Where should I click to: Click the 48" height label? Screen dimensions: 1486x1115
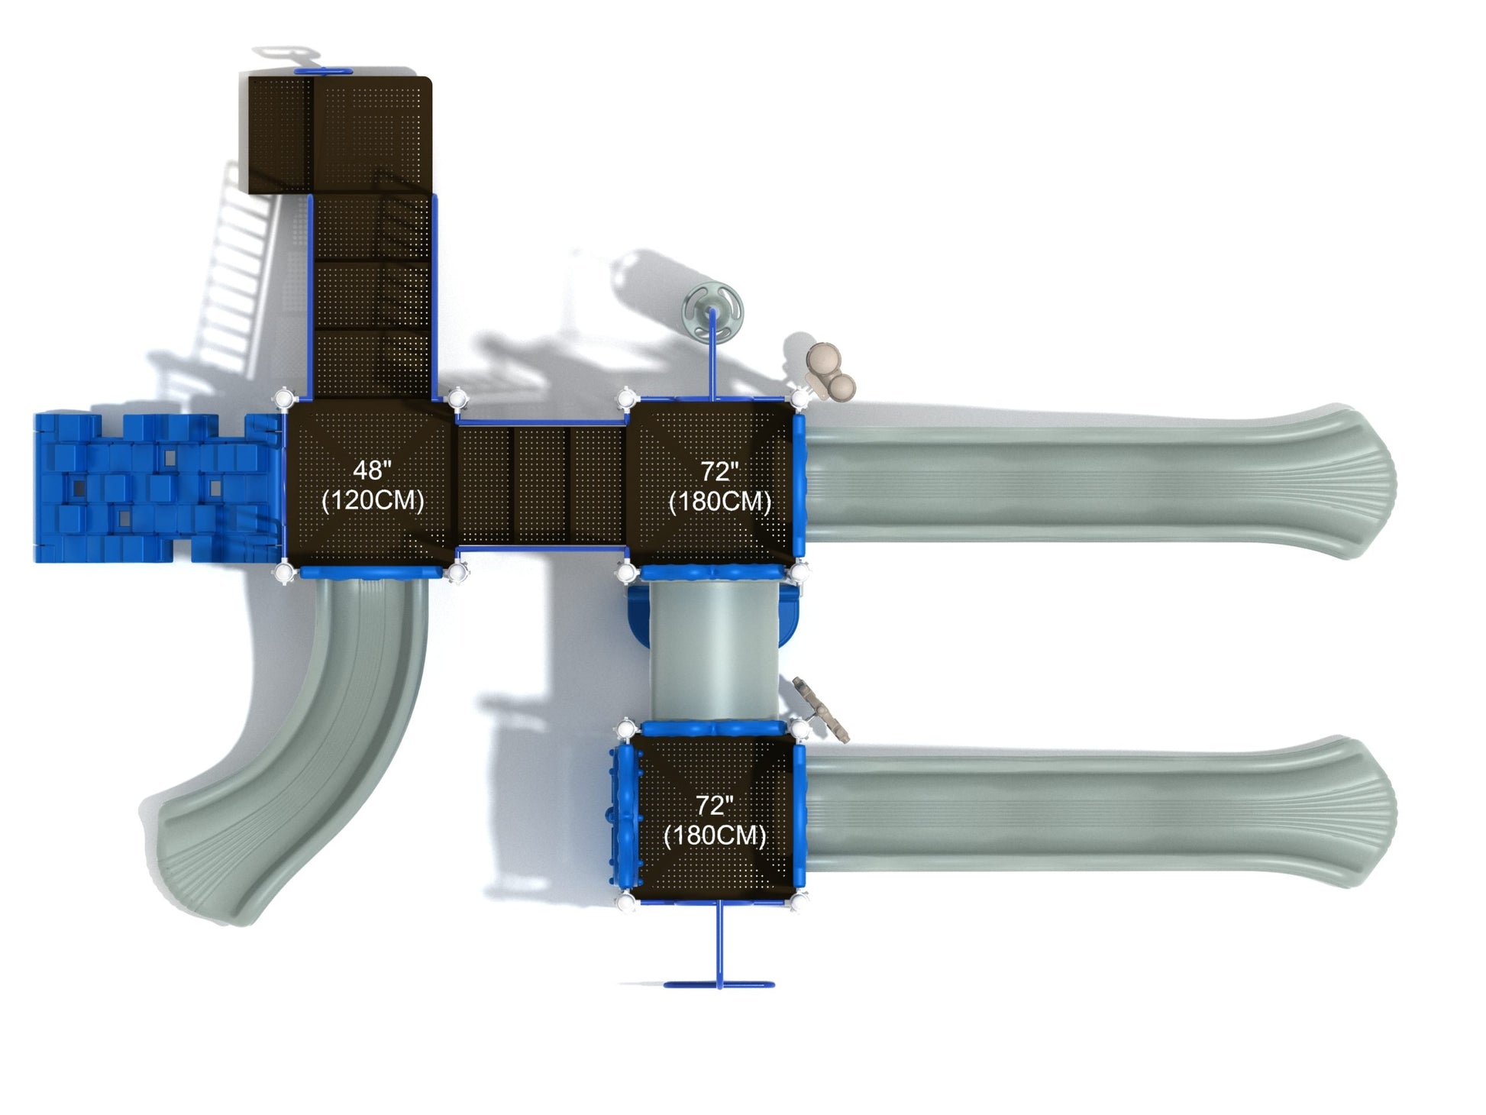click(x=372, y=470)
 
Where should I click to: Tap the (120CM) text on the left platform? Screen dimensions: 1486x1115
click(x=373, y=501)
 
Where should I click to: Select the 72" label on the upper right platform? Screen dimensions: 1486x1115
click(x=719, y=471)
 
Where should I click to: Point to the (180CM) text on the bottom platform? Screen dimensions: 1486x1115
click(x=715, y=835)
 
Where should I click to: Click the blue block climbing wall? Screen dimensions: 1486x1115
click(x=157, y=488)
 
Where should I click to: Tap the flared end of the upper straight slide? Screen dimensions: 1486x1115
click(x=1352, y=481)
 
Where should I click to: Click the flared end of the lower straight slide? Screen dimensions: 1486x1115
click(x=1352, y=812)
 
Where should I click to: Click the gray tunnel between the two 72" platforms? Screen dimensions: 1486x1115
click(x=713, y=650)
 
